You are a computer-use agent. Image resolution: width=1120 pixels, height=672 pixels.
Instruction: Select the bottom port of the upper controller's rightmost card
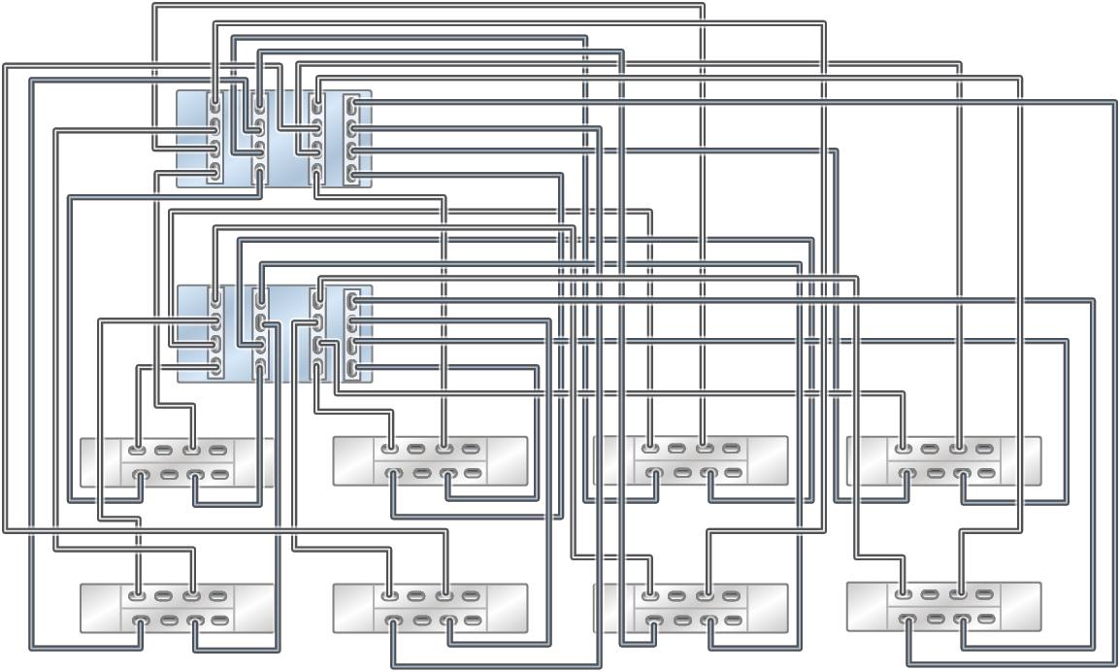[352, 176]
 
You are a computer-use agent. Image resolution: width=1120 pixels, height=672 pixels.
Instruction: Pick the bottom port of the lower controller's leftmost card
[214, 367]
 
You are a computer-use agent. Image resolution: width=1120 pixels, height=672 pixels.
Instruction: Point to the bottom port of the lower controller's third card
[317, 367]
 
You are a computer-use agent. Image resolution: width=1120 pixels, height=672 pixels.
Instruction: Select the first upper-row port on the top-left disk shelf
[138, 450]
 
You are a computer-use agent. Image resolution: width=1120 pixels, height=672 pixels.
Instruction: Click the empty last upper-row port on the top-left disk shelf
[218, 450]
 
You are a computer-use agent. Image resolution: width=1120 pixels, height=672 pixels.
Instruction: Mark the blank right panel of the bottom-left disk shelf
[254, 608]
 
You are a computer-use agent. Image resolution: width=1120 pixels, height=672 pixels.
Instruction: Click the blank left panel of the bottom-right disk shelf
[867, 607]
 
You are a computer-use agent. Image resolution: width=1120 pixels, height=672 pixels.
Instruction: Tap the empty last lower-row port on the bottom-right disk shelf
[988, 620]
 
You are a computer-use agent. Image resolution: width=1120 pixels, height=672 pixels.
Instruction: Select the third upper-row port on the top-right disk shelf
[959, 449]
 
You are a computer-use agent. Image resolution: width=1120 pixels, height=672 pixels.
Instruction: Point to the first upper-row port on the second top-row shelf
[389, 449]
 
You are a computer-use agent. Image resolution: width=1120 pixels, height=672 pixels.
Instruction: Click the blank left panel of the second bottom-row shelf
[352, 608]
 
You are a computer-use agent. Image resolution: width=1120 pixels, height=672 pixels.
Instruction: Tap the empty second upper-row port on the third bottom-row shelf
[676, 595]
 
